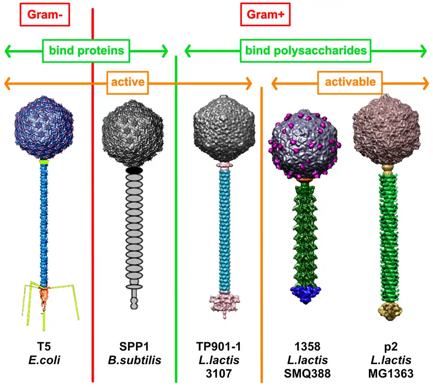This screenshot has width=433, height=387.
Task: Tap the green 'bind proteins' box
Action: (x=87, y=51)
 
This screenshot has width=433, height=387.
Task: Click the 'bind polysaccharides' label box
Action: (x=306, y=51)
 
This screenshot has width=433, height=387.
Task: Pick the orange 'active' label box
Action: (x=128, y=82)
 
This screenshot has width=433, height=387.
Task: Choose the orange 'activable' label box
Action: (x=350, y=82)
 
